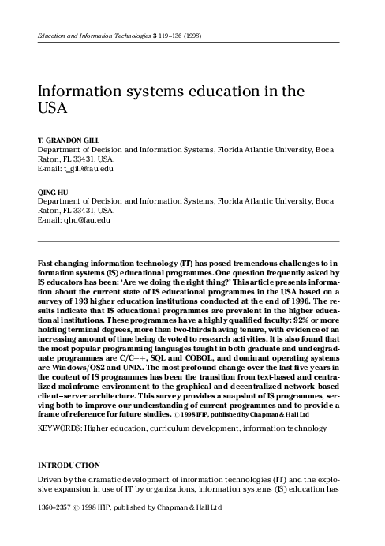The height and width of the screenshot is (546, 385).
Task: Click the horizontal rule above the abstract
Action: tap(189, 241)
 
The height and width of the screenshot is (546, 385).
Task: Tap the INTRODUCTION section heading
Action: tap(69, 466)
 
